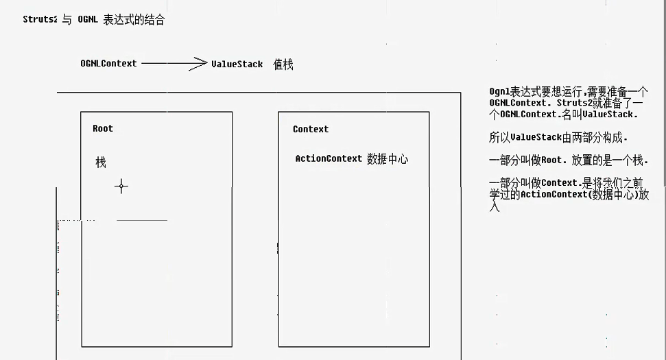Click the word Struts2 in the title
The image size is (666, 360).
click(40, 20)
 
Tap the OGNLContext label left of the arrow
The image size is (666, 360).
click(108, 64)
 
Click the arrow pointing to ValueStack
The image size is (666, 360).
click(174, 64)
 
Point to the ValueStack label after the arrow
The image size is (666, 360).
click(237, 64)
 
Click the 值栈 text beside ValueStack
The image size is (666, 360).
click(283, 64)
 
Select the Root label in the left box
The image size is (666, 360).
click(103, 128)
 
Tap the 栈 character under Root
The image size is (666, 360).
click(101, 163)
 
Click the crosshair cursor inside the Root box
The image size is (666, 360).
click(121, 186)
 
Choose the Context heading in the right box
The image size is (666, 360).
click(311, 129)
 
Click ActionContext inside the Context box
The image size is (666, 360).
click(329, 158)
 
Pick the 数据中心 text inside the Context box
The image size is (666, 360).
click(388, 159)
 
